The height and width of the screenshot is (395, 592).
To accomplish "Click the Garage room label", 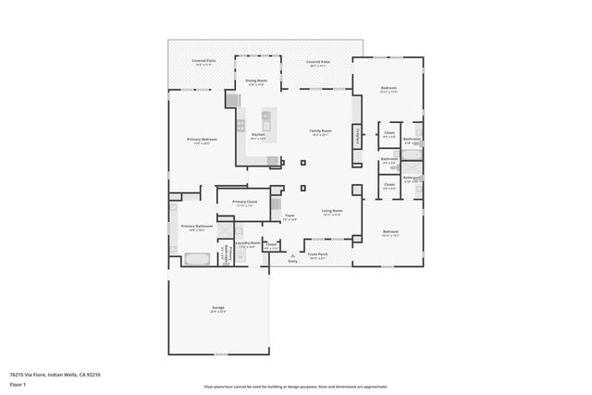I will (218, 308).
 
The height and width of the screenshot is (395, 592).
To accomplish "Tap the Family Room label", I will (320, 131).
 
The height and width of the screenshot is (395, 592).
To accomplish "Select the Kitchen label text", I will (259, 135).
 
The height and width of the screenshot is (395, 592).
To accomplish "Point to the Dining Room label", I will (256, 81).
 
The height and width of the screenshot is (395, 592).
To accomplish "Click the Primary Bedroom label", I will (202, 140).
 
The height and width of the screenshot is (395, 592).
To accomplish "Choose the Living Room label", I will (332, 211).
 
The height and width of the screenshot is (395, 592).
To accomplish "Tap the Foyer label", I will (290, 216).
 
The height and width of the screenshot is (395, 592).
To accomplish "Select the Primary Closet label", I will (245, 202).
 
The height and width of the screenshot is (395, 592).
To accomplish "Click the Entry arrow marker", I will (292, 254).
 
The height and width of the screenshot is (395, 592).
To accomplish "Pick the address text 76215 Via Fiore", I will (55, 375).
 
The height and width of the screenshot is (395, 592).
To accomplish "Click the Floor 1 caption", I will (18, 384).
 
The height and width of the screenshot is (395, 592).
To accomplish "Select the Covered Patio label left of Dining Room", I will (203, 62).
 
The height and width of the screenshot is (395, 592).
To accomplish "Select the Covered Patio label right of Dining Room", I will (317, 62).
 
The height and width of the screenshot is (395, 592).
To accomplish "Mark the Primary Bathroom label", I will (197, 227).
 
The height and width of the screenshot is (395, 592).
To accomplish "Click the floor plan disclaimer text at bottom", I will (296, 388).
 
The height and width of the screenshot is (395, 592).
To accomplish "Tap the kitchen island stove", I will (265, 117).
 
